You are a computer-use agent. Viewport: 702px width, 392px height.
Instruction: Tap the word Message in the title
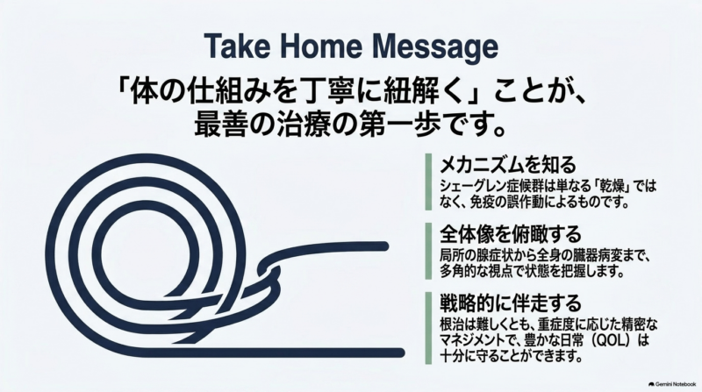click(434, 48)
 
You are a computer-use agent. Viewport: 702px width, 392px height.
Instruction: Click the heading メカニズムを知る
click(508, 165)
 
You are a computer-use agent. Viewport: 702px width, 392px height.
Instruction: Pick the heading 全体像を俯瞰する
click(511, 233)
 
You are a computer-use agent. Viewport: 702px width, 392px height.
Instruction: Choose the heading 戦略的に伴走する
click(511, 303)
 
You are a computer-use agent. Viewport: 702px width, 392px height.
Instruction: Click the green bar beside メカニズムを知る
click(428, 182)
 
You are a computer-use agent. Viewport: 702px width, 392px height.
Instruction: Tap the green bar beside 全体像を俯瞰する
click(428, 251)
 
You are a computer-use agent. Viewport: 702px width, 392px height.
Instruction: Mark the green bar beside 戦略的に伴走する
click(428, 328)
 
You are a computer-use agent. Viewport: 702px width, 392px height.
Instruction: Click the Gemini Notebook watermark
click(672, 384)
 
